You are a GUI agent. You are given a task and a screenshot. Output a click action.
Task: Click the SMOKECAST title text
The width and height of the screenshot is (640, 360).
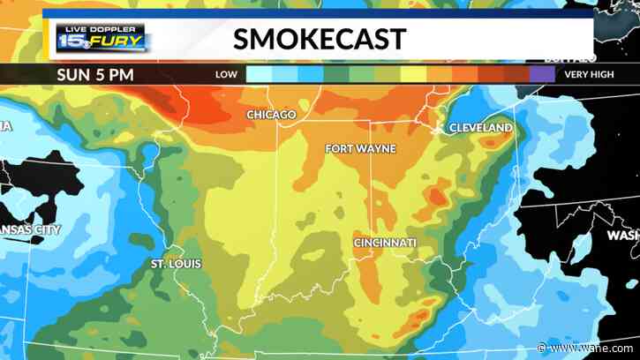(320, 39)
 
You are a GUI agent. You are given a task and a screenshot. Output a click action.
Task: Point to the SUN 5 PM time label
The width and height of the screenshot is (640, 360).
(96, 74)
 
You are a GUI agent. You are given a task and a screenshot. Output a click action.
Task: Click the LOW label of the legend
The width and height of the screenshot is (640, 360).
(226, 75)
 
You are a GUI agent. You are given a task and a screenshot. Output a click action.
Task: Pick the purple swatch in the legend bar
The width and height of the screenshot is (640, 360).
(543, 75)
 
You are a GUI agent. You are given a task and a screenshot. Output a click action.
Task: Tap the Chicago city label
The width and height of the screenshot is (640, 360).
(270, 116)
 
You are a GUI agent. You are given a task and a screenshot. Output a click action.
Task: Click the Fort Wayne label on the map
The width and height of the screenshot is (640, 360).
(360, 148)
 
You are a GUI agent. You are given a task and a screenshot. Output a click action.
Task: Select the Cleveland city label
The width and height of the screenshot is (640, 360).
(480, 128)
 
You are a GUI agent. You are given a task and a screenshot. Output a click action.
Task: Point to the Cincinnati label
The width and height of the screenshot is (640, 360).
(385, 242)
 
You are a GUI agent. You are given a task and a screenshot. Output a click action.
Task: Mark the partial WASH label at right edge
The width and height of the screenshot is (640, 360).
(623, 236)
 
